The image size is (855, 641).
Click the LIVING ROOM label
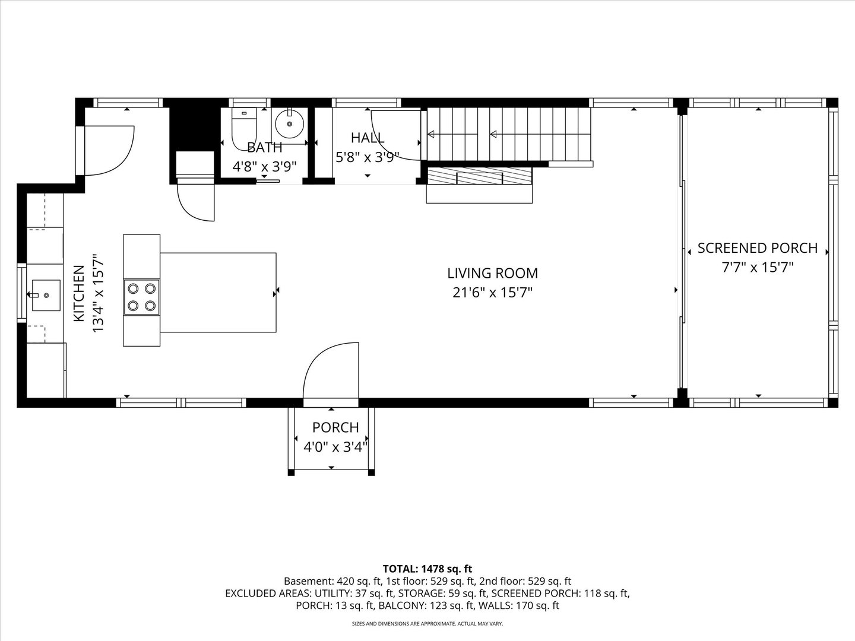pyautogui.click(x=492, y=273)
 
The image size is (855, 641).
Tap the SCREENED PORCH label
pyautogui.click(x=757, y=248)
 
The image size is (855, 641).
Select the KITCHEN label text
pyautogui.click(x=78, y=294)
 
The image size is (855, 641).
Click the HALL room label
pyautogui.click(x=368, y=138)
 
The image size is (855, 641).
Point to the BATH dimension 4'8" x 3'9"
pyautogui.click(x=264, y=167)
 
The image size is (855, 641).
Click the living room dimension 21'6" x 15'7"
pyautogui.click(x=492, y=293)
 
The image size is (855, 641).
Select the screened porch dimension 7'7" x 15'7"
pyautogui.click(x=757, y=267)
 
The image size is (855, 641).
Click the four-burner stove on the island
pyautogui.click(x=141, y=297)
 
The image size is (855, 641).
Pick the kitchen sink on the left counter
pyautogui.click(x=46, y=294)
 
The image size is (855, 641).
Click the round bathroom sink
pyautogui.click(x=289, y=123)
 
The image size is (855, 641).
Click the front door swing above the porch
pyautogui.click(x=332, y=371)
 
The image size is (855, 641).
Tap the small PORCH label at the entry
pyautogui.click(x=335, y=427)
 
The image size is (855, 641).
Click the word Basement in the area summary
pyautogui.click(x=308, y=581)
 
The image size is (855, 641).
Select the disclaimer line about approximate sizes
pyautogui.click(x=427, y=624)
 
